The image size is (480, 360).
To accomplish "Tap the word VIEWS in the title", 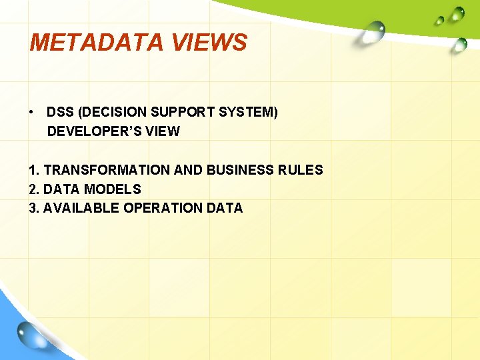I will [x=209, y=43].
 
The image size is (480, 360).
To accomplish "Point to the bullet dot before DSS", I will [x=32, y=112].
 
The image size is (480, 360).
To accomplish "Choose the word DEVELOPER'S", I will [x=93, y=131].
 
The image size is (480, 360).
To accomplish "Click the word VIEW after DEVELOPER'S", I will [x=162, y=131].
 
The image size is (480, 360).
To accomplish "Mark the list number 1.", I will [x=33, y=170].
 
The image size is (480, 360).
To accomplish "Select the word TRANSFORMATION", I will [x=107, y=170].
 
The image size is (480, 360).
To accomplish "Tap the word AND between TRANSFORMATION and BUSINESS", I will [x=189, y=170].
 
